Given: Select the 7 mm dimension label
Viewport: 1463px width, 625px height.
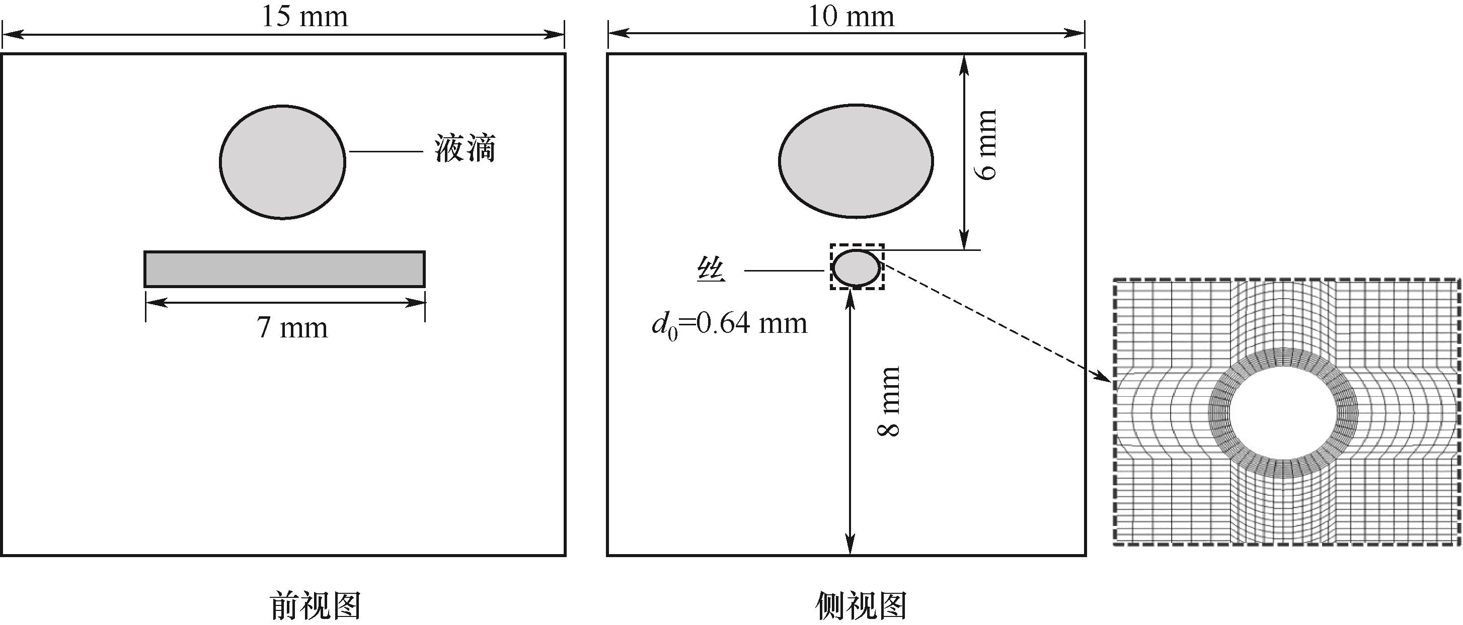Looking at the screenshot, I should [x=292, y=327].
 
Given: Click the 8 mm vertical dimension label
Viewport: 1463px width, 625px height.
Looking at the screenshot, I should [x=889, y=401].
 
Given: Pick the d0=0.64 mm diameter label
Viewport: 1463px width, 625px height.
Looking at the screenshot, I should [x=729, y=325].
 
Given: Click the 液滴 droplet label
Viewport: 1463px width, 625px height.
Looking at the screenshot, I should [x=465, y=149].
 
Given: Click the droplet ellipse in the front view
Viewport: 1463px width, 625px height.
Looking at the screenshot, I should [x=282, y=162].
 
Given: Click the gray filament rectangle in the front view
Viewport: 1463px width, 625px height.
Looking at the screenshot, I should [x=284, y=269].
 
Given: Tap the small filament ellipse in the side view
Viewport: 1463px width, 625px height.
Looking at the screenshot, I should [x=856, y=268].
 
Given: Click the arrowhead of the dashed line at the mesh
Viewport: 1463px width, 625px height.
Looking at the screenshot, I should [x=1104, y=379].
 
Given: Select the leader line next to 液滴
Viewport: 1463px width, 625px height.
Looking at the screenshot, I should [x=386, y=151].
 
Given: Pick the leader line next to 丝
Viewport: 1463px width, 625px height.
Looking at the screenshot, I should [x=784, y=271].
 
